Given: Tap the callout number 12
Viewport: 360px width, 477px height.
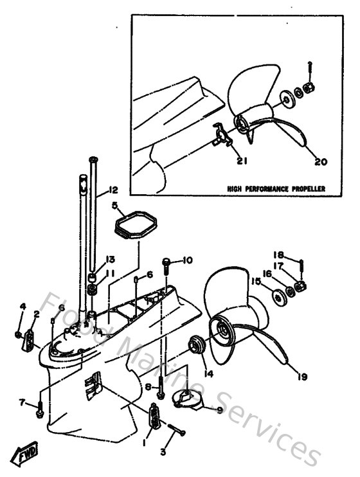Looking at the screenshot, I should [x=113, y=190].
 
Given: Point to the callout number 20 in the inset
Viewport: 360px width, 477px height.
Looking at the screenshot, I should [x=321, y=162].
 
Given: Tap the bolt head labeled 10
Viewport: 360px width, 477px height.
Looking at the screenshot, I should [x=166, y=262].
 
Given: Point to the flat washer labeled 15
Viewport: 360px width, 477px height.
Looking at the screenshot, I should [x=279, y=298].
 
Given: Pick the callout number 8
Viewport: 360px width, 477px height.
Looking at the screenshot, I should [x=148, y=387].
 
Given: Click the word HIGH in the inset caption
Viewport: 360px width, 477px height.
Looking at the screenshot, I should [x=235, y=189].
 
